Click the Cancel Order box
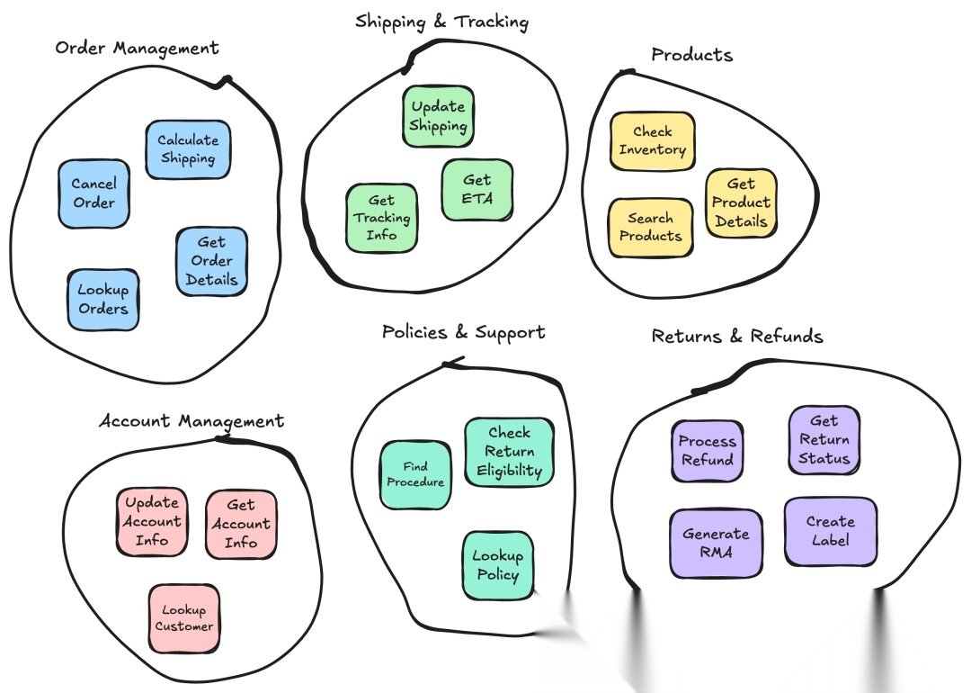coord(94,193)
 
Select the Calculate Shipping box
coord(188,149)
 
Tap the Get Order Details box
coord(211,261)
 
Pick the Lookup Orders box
coord(102,300)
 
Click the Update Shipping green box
coord(438,117)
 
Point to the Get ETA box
coord(477,190)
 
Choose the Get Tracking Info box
coord(381,218)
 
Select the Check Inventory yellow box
coord(652,141)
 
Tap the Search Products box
coord(650,228)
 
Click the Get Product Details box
coord(741,203)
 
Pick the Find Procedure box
coord(415,474)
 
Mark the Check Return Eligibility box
coord(510,452)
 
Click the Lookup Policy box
coord(497,565)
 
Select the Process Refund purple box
coord(707,451)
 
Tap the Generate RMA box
coord(716,543)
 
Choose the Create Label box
coord(830,531)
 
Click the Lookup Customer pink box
coord(183,618)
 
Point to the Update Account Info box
coord(152,522)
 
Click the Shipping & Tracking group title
coord(441,22)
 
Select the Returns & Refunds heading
coord(736,337)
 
